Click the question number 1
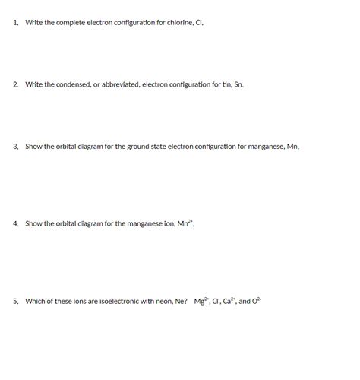pos(15,23)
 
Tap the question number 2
pos(15,84)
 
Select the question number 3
pos(15,146)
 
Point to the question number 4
pos(15,223)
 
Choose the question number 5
pos(15,301)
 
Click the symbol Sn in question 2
pos(238,84)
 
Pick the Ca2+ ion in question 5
pos(229,301)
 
